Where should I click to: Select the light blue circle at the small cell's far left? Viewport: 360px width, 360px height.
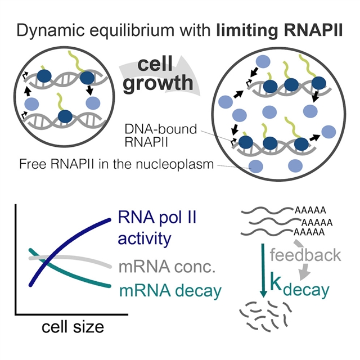pos(31,103)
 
